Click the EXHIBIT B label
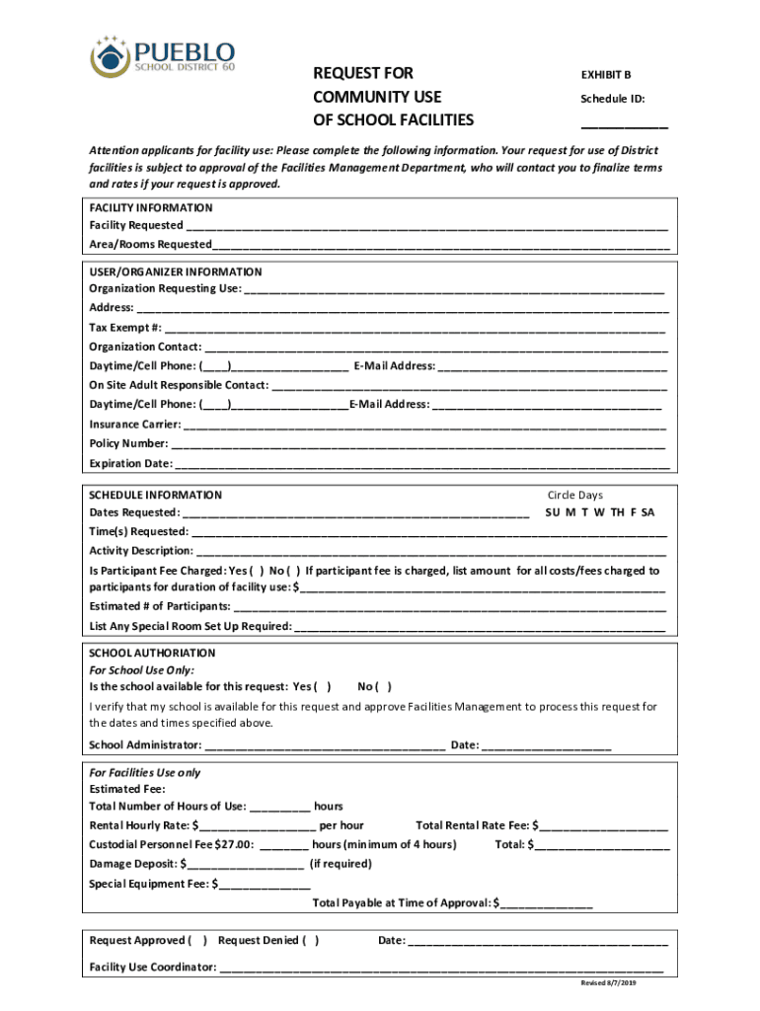[605, 74]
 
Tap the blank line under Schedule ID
[623, 125]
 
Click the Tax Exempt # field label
[125, 328]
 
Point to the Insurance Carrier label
[135, 425]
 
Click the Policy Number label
[128, 444]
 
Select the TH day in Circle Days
[617, 513]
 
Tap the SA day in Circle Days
[647, 513]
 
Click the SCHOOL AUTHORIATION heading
[152, 654]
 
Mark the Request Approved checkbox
[197, 941]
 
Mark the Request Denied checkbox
[311, 941]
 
